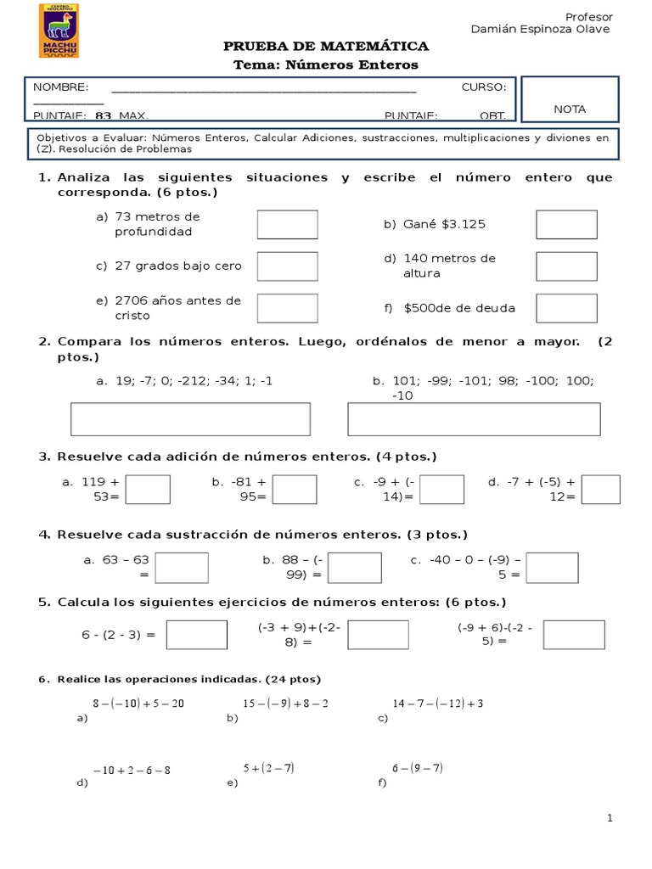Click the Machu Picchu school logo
(59, 31)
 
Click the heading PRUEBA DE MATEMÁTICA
(325, 46)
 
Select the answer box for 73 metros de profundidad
(287, 225)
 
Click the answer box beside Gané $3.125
(566, 225)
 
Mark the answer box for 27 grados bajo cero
(287, 266)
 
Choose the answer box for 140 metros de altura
(566, 266)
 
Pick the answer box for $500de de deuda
(566, 307)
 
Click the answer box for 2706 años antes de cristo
(287, 307)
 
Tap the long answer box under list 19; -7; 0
(190, 419)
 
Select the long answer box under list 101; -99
(474, 419)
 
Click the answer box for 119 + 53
(148, 490)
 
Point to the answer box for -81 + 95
(295, 490)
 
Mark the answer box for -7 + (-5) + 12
(601, 490)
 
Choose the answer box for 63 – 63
(182, 568)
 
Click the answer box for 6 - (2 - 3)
(196, 635)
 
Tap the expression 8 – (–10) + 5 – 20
(138, 704)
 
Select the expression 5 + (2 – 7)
(268, 768)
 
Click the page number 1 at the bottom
(610, 817)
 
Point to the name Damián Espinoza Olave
(540, 30)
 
